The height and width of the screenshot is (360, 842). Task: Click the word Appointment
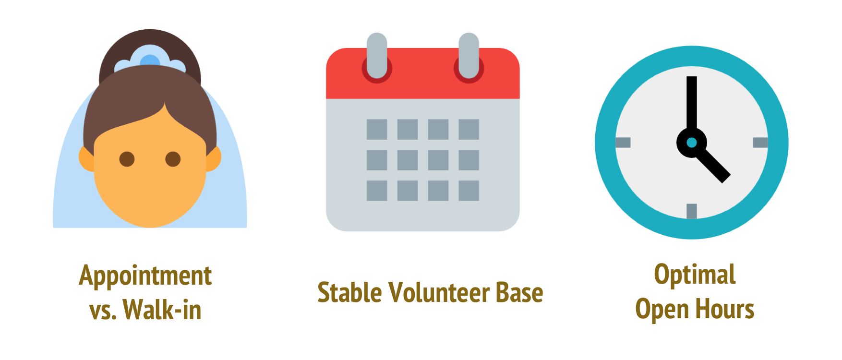(x=145, y=276)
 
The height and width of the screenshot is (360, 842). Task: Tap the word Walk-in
(x=162, y=309)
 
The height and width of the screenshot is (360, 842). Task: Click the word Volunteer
(x=439, y=292)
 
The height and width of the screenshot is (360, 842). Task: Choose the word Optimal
(x=695, y=275)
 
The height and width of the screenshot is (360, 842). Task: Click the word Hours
(x=725, y=309)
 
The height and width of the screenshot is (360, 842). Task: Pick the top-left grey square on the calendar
(x=377, y=129)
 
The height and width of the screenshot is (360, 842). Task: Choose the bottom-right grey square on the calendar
(x=469, y=191)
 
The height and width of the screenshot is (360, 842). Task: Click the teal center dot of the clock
(x=691, y=143)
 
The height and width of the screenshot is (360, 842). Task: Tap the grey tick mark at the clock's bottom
(x=691, y=211)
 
